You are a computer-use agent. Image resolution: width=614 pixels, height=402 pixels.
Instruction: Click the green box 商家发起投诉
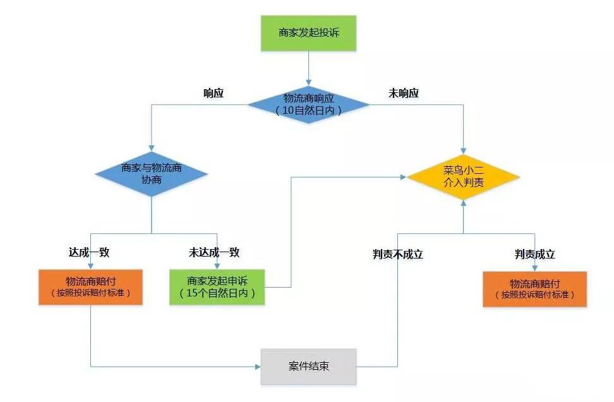[308, 32]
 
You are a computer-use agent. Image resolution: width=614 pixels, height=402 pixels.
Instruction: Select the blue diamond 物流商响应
[308, 104]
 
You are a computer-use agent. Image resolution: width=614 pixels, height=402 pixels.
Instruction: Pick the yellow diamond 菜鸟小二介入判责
[464, 177]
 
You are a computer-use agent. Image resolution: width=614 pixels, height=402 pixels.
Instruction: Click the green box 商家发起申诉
[217, 287]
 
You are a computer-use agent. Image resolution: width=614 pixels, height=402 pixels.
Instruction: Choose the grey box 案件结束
[308, 367]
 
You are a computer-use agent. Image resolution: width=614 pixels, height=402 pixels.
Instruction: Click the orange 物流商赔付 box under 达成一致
[91, 287]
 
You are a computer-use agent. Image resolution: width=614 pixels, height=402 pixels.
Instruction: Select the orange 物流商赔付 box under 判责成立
[534, 289]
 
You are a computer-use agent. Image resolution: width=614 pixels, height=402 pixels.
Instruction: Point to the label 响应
[214, 94]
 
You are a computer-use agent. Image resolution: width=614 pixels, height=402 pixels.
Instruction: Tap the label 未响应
[403, 94]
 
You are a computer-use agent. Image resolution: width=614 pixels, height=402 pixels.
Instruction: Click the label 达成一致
[89, 252]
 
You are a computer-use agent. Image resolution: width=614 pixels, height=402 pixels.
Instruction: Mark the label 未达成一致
[214, 252]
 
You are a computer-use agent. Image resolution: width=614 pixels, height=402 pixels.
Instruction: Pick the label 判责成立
[534, 254]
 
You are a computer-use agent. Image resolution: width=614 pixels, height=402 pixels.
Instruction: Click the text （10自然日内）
[308, 111]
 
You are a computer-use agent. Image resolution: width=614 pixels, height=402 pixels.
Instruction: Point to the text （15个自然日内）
[217, 294]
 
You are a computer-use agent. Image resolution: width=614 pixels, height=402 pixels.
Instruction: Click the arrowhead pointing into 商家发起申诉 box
[217, 266]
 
